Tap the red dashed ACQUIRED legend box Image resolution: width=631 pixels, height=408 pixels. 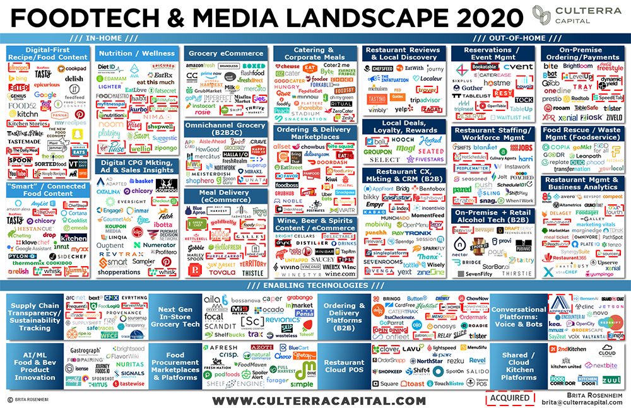click(x=509, y=399)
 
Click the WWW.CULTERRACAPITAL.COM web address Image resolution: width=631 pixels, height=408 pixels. click(x=318, y=400)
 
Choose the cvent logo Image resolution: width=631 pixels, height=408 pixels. click(x=518, y=66)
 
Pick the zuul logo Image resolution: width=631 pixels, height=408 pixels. click(x=611, y=381)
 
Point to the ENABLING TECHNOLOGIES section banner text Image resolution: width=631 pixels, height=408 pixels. click(x=313, y=286)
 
